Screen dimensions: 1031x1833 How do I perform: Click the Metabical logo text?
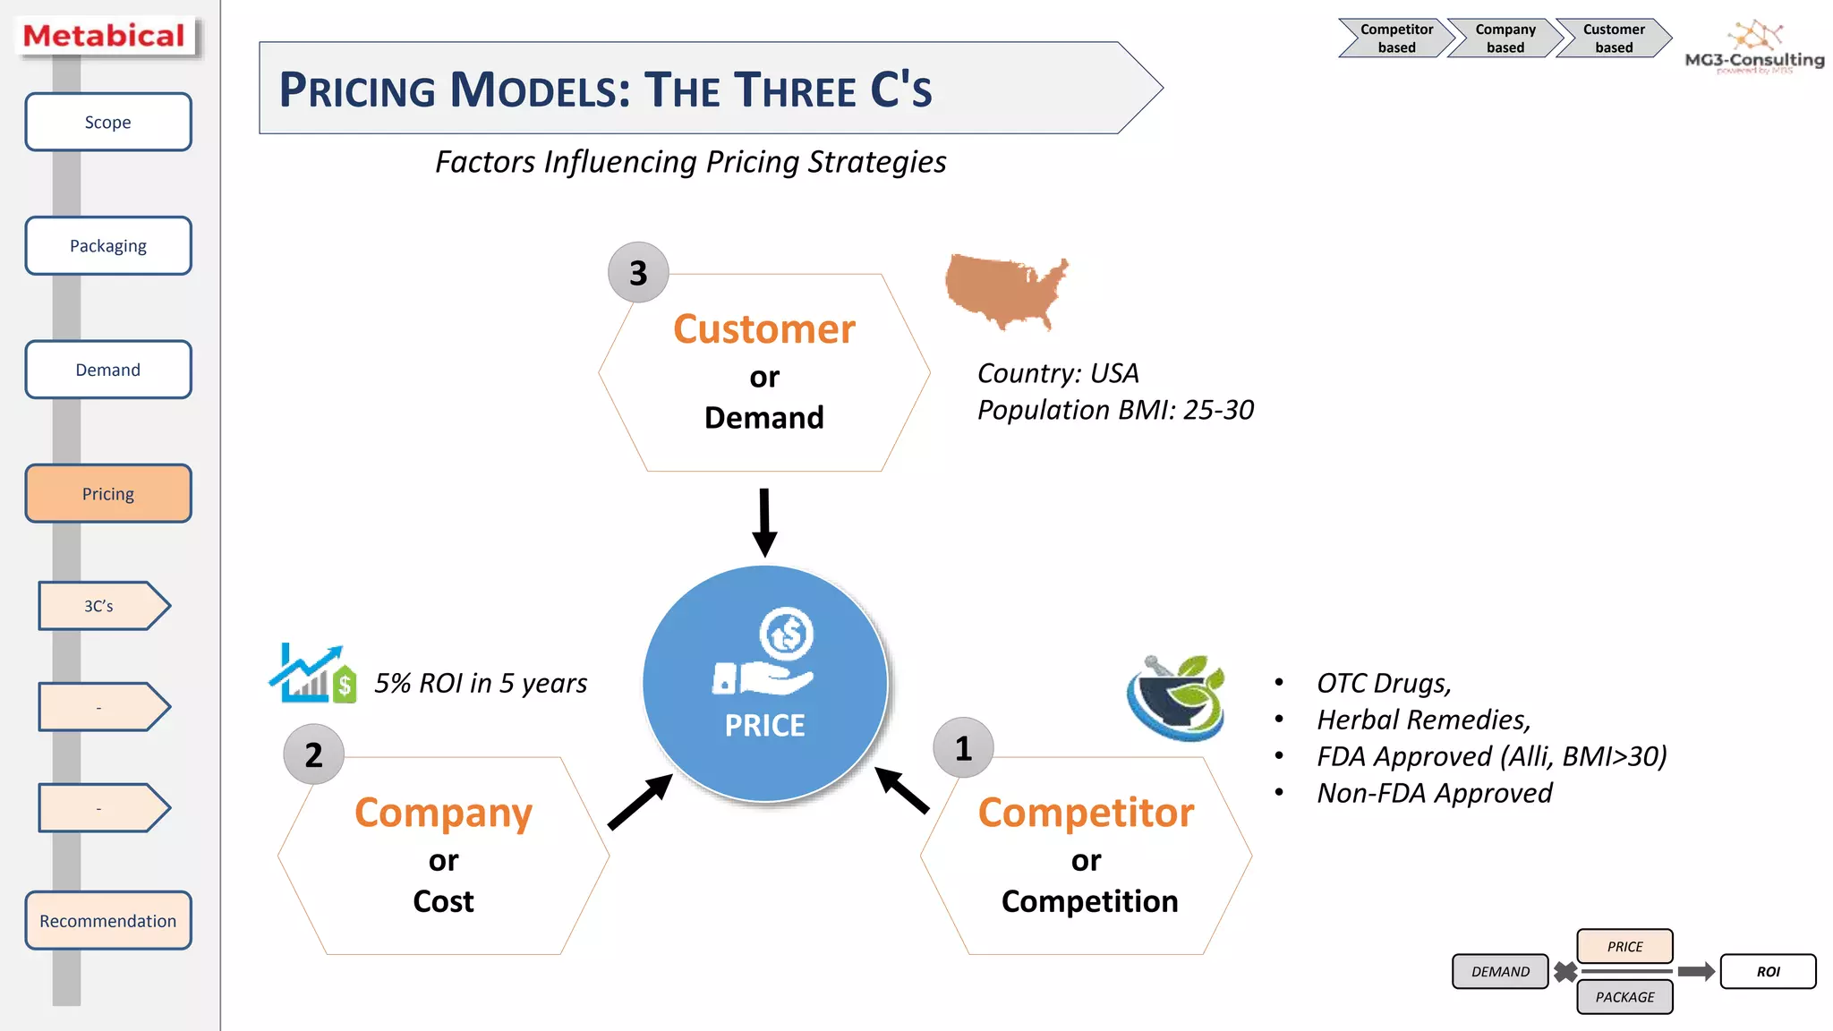click(x=104, y=36)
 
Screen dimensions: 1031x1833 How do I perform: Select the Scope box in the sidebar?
click(x=107, y=122)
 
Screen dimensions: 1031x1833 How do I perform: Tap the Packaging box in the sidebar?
click(x=107, y=245)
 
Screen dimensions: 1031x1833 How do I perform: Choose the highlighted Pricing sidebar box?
click(x=107, y=493)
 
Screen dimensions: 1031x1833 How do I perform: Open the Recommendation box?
click(x=107, y=920)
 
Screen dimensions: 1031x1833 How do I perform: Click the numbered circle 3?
click(x=638, y=273)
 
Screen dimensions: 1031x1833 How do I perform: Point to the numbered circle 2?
click(x=313, y=754)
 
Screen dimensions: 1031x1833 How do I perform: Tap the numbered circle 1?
click(x=963, y=748)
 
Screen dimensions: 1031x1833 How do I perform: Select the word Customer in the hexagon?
click(x=763, y=329)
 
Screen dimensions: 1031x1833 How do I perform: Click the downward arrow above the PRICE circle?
click(x=763, y=523)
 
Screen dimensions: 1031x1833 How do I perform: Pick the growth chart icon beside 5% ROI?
click(x=312, y=673)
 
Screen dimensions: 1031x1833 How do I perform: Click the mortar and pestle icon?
click(x=1176, y=697)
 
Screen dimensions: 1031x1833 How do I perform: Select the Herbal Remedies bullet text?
click(x=1423, y=720)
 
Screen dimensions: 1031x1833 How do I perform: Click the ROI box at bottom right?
click(x=1768, y=971)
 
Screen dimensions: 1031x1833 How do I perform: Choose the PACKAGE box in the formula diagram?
click(x=1624, y=997)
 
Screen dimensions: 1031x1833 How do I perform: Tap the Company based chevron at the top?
click(x=1505, y=38)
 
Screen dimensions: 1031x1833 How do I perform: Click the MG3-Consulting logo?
click(x=1754, y=49)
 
